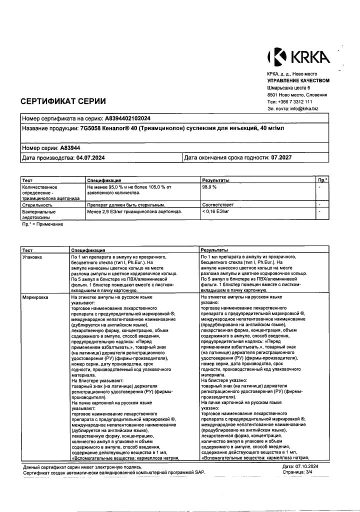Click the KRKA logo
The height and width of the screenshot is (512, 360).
click(x=299, y=57)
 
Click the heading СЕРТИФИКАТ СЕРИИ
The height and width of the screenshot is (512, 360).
click(x=63, y=101)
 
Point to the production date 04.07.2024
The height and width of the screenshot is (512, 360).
click(x=92, y=158)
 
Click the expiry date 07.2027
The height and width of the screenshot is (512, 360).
click(x=281, y=158)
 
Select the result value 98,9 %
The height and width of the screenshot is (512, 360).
click(x=209, y=186)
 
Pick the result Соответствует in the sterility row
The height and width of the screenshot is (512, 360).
click(x=217, y=204)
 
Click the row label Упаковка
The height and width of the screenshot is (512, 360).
click(x=32, y=256)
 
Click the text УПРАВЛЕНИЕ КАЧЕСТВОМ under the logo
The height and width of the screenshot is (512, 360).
click(x=298, y=80)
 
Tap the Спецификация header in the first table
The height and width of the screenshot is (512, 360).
click(x=104, y=179)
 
